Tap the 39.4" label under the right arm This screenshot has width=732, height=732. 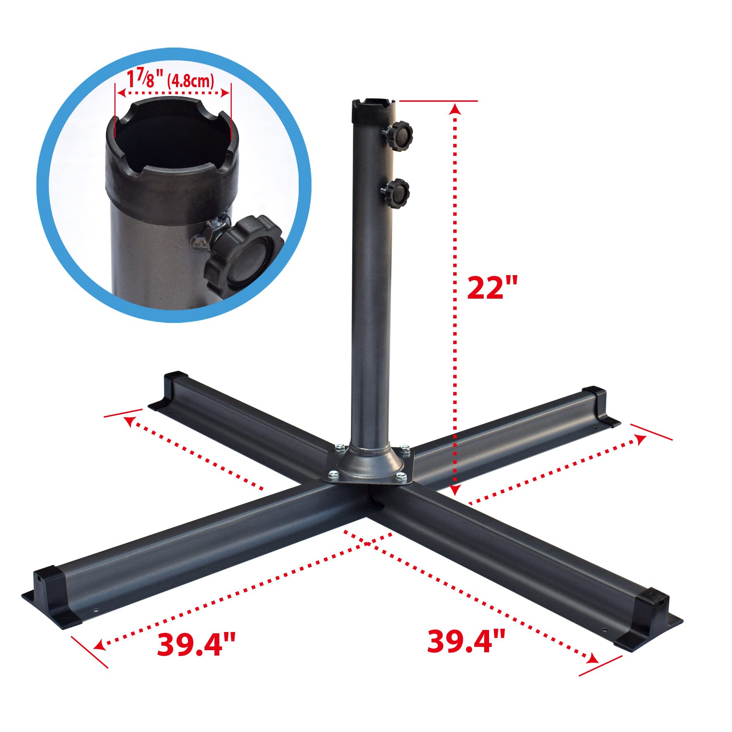click(466, 641)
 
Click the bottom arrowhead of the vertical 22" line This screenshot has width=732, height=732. click(455, 490)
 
